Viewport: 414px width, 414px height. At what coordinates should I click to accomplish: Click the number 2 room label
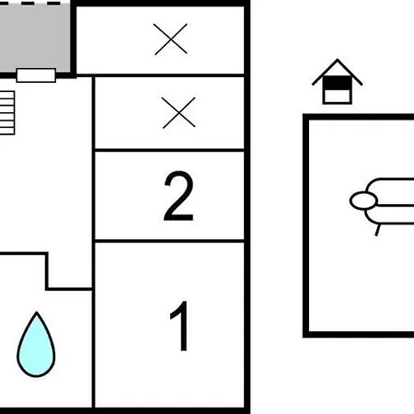(178, 196)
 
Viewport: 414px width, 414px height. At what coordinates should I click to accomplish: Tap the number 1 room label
(180, 326)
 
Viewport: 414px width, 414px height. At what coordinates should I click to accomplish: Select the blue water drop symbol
(36, 345)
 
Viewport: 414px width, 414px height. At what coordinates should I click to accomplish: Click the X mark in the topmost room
(171, 39)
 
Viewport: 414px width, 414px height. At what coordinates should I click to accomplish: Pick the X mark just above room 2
(178, 112)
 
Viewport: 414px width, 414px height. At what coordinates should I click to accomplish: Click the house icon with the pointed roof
(337, 82)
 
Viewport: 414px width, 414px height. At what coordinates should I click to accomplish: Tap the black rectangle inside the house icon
(337, 83)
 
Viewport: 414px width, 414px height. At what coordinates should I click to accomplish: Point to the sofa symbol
(382, 204)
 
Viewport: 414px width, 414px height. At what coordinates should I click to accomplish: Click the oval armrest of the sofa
(363, 201)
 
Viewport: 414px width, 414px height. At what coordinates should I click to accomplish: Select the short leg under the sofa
(378, 230)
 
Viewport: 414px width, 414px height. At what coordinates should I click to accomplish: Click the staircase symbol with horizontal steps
(7, 112)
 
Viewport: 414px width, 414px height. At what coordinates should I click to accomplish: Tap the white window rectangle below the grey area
(36, 75)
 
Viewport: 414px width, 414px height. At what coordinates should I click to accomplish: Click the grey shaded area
(35, 38)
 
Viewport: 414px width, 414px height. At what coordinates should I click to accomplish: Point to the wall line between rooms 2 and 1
(169, 241)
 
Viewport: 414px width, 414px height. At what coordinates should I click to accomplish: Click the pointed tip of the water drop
(37, 312)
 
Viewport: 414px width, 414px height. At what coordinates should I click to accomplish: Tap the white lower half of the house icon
(337, 96)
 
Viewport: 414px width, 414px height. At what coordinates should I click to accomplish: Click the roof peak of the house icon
(338, 59)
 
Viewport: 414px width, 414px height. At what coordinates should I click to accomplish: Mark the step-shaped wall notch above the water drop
(47, 271)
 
